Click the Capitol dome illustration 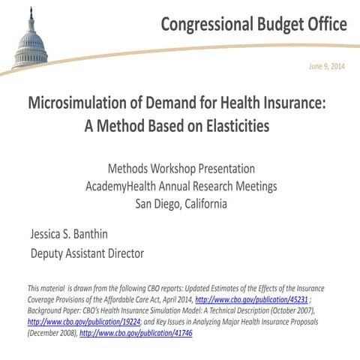click(29, 41)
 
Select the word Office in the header click(323, 24)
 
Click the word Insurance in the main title click(294, 103)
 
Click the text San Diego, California click(181, 203)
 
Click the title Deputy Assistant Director click(86, 253)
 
